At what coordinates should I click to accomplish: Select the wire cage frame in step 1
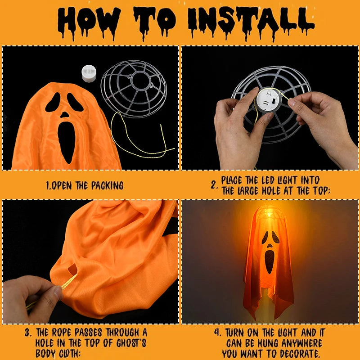click(x=134, y=88)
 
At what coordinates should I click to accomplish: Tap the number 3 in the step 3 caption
click(x=28, y=333)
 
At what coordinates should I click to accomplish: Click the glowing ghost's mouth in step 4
click(x=269, y=261)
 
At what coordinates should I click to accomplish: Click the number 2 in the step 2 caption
click(x=215, y=185)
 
